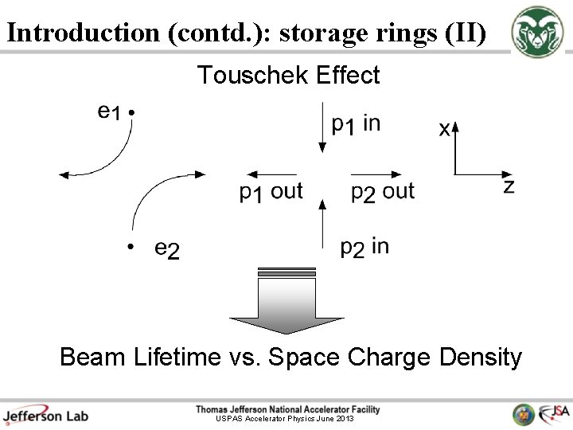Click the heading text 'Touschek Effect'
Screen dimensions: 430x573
[x=288, y=76]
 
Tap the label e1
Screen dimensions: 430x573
[x=109, y=112]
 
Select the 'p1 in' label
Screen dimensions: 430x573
[x=356, y=124]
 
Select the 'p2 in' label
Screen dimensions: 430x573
[x=364, y=248]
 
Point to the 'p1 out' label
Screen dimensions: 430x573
[x=271, y=192]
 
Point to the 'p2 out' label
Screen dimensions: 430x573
[x=383, y=192]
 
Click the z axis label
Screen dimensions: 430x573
[x=509, y=187]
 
